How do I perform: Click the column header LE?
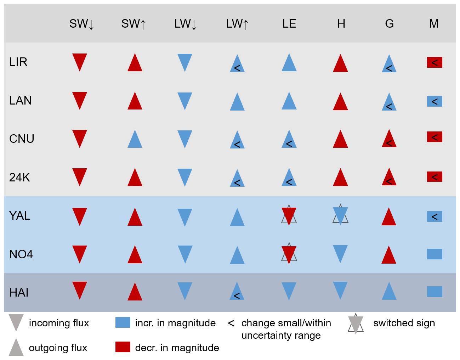coord(289,24)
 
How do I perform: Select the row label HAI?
coord(19,293)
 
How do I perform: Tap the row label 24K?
coord(19,177)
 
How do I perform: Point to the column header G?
coord(389,24)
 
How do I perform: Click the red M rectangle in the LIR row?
coord(435,63)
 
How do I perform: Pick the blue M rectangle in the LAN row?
coord(435,102)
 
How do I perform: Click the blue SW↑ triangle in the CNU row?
coord(135,140)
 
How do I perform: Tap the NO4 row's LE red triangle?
coord(289,254)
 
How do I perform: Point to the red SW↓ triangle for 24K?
coord(80,176)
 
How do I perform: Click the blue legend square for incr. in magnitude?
coord(123,323)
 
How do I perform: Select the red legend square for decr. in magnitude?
coord(123,347)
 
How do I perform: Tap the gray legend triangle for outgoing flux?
coord(16,348)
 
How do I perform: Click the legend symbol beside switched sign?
coord(356,324)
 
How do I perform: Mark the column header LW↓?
coord(185,24)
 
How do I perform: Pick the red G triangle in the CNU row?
coord(389,139)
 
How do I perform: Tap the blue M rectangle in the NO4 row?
coord(435,254)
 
